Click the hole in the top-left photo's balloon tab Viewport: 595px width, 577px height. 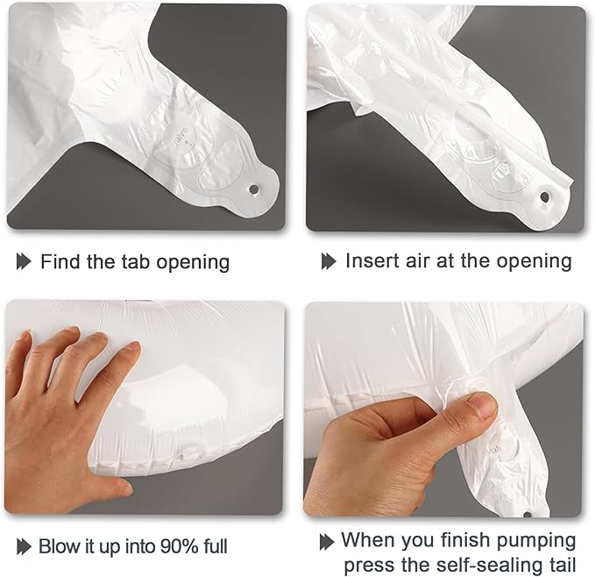click(x=253, y=189)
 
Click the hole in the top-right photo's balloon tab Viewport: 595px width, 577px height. click(x=545, y=197)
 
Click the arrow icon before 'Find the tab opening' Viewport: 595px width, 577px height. click(x=24, y=262)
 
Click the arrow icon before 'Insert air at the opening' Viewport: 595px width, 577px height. click(x=329, y=261)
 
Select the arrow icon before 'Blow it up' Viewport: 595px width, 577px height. click(x=24, y=546)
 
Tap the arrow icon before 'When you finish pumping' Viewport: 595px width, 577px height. click(x=327, y=542)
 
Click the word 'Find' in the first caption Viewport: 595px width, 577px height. click(x=60, y=261)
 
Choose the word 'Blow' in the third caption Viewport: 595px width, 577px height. click(x=57, y=546)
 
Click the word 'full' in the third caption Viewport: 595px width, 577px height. click(x=216, y=546)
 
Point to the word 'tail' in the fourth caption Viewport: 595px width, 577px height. click(x=561, y=565)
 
